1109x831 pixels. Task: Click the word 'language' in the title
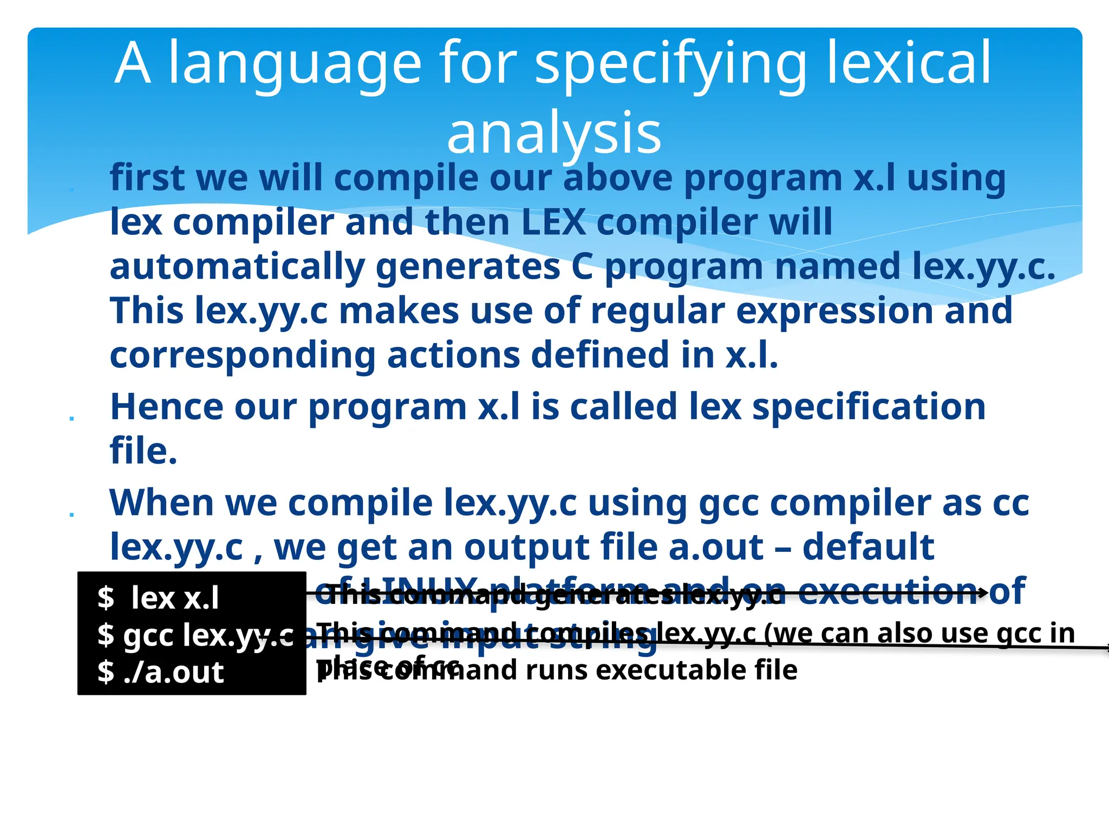coord(295,64)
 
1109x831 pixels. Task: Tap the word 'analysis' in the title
coord(554,133)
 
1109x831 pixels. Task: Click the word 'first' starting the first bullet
coord(147,178)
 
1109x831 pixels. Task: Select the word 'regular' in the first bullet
coord(657,311)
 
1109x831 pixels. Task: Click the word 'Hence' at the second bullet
coord(166,407)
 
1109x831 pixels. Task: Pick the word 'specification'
coord(869,407)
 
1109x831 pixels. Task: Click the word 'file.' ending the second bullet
coord(143,451)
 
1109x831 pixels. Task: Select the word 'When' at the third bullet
coord(162,503)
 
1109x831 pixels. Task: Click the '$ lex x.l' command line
coord(158,598)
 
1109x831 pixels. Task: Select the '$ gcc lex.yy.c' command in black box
coord(195,635)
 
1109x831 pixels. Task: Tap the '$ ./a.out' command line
coord(160,672)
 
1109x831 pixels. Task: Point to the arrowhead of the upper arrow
coord(985,593)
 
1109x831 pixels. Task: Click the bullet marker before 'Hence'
coord(71,418)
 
